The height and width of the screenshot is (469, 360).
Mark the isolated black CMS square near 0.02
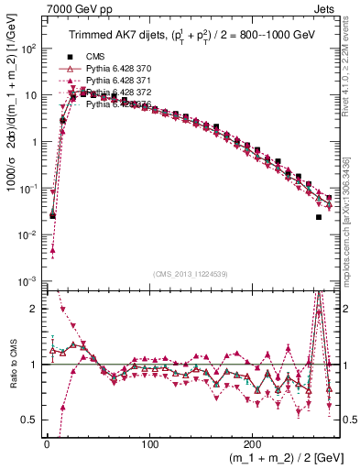(319, 217)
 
